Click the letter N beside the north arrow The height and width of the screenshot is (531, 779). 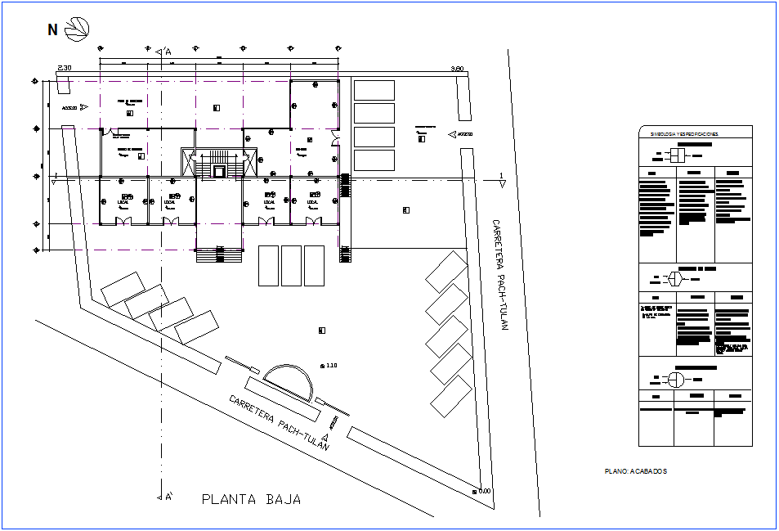click(52, 30)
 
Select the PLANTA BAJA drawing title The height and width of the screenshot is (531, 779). click(251, 499)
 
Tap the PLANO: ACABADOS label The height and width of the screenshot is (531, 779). click(636, 471)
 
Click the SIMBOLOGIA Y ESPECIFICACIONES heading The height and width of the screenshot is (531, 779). click(683, 133)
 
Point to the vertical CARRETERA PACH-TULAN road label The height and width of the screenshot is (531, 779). click(499, 274)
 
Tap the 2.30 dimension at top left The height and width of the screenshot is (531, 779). click(65, 68)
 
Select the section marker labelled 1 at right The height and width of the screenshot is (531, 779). click(499, 176)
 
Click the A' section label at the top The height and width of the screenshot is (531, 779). click(168, 52)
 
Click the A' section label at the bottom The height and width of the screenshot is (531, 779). click(168, 497)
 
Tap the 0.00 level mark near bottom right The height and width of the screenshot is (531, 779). click(483, 491)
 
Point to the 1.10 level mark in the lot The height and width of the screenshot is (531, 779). click(330, 365)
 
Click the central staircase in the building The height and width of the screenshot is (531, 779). click(219, 163)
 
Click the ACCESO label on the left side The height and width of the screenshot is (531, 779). click(69, 107)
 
